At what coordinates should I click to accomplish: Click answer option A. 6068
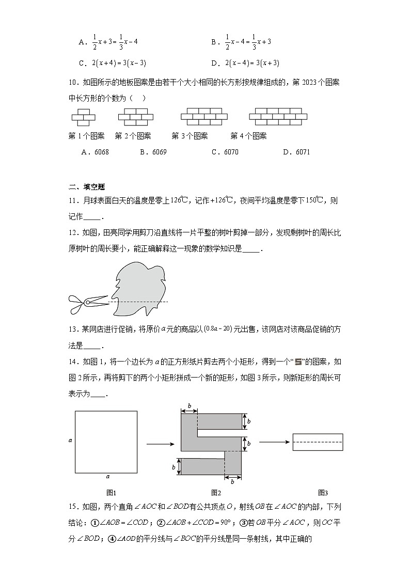click(x=95, y=152)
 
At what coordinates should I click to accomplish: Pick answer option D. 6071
click(x=296, y=152)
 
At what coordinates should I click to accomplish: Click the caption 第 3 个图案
click(x=190, y=136)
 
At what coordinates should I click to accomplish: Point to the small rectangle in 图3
click(x=318, y=442)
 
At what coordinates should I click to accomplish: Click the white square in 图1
click(x=106, y=442)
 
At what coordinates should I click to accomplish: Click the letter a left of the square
click(x=70, y=440)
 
